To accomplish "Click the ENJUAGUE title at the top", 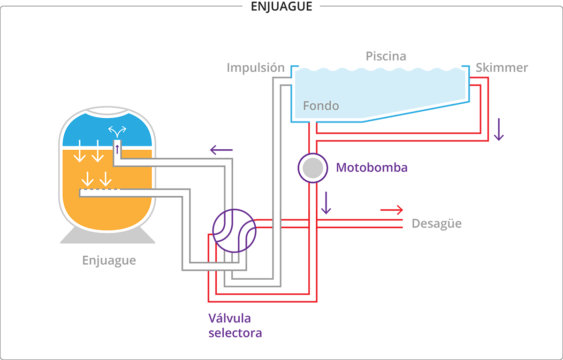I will point(281,7).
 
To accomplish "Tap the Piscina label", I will point(386,56).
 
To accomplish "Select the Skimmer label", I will point(502,68).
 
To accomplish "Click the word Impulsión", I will point(256,68).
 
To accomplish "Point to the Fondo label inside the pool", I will point(321,106).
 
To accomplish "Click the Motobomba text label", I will point(372,168).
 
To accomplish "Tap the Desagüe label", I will point(436,223).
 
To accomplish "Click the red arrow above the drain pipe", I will point(391,209).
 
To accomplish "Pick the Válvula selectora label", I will point(235,326).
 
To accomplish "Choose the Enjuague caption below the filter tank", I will point(109,260).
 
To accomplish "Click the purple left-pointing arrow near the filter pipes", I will point(221,150).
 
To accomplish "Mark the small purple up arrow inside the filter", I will point(117,149).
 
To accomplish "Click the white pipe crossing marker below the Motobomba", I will point(313,220).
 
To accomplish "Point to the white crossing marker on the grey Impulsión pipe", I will point(277,220).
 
